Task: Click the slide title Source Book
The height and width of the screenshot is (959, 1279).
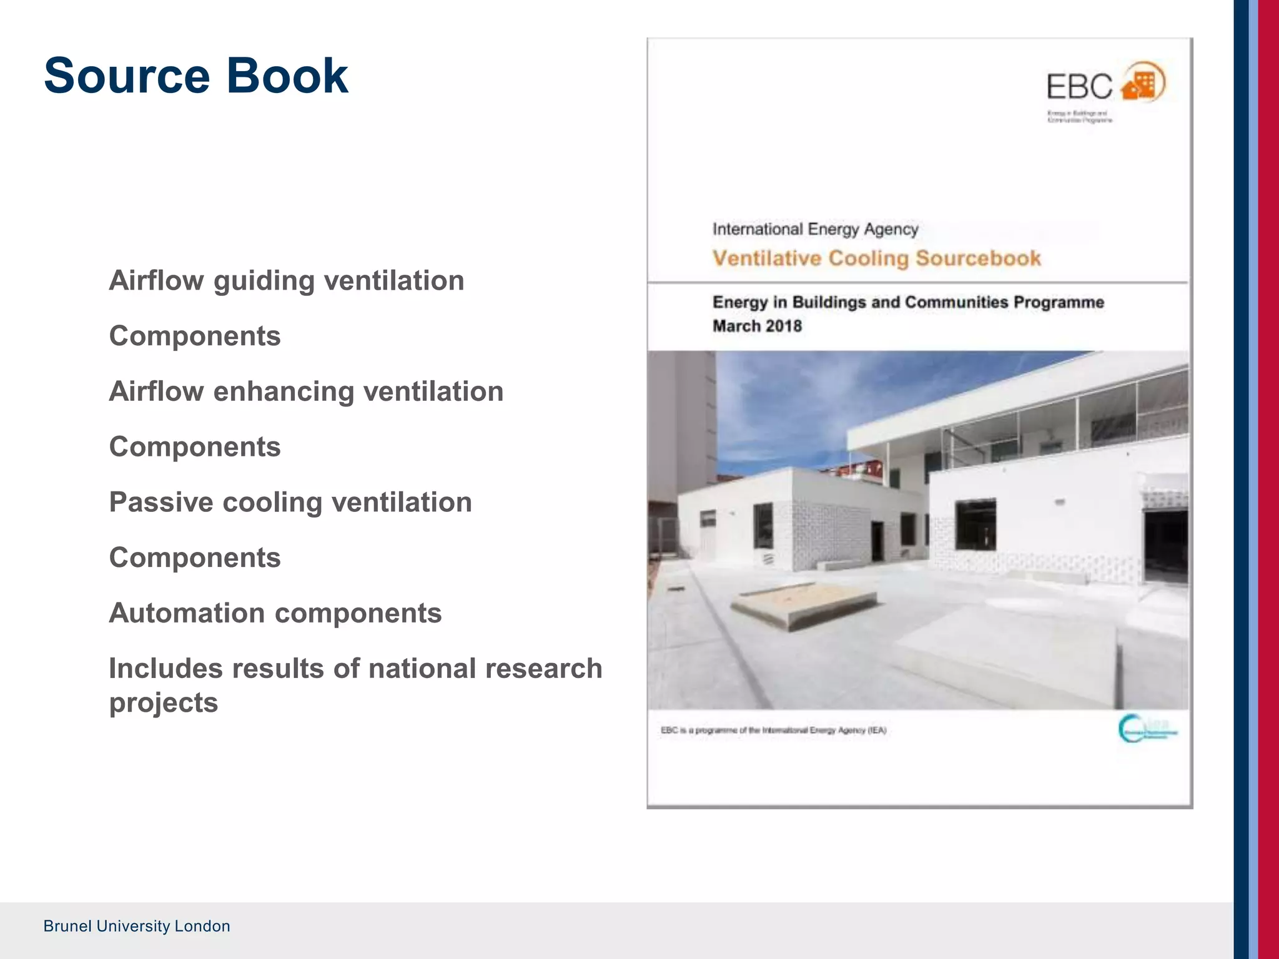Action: pos(196,76)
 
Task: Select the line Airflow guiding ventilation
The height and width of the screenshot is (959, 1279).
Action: pos(287,280)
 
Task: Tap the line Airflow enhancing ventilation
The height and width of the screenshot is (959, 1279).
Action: pos(306,391)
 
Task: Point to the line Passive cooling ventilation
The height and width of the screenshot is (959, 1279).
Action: pos(290,503)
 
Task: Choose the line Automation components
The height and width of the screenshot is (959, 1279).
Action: pos(275,613)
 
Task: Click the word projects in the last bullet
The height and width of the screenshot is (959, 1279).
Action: pos(164,703)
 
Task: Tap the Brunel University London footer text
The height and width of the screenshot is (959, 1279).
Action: pos(137,926)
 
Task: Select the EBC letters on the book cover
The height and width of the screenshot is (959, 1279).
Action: pos(1079,87)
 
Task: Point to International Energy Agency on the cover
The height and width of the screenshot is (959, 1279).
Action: pos(815,229)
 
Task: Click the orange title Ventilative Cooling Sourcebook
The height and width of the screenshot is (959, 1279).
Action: pos(877,258)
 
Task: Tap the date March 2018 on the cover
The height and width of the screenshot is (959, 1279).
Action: pos(757,326)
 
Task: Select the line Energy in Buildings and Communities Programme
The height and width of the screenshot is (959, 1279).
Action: pos(908,302)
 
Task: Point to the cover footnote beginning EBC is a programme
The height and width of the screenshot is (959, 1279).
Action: pos(773,730)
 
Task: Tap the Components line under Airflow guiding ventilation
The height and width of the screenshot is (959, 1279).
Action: pos(195,336)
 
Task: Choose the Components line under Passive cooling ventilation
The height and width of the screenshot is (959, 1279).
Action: pos(195,558)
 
